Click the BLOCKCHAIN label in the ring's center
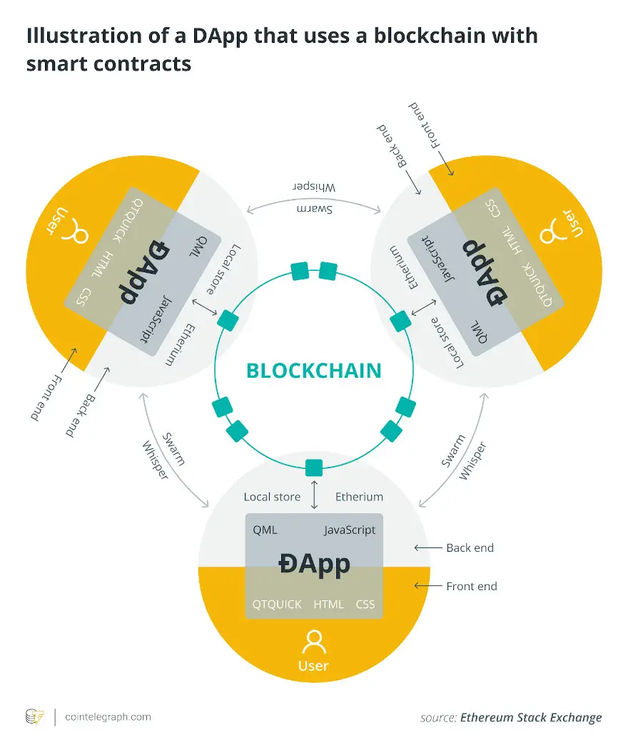(x=313, y=371)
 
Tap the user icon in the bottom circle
(x=314, y=642)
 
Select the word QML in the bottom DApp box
(x=265, y=530)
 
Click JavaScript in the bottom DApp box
(x=350, y=530)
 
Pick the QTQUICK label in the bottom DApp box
(x=277, y=604)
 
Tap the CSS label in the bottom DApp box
(x=365, y=604)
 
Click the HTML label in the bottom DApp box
(x=328, y=604)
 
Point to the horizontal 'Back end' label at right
(x=470, y=547)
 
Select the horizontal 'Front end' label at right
(x=472, y=586)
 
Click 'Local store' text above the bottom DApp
(x=272, y=497)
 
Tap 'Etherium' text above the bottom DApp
(x=359, y=497)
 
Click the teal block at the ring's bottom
(x=314, y=468)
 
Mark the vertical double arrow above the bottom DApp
(x=314, y=494)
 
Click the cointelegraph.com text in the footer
(x=108, y=717)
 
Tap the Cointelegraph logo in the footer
(x=34, y=717)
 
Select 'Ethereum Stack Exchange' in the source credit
(x=531, y=718)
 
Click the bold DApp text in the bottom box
(x=315, y=565)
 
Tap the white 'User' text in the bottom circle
(x=313, y=666)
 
